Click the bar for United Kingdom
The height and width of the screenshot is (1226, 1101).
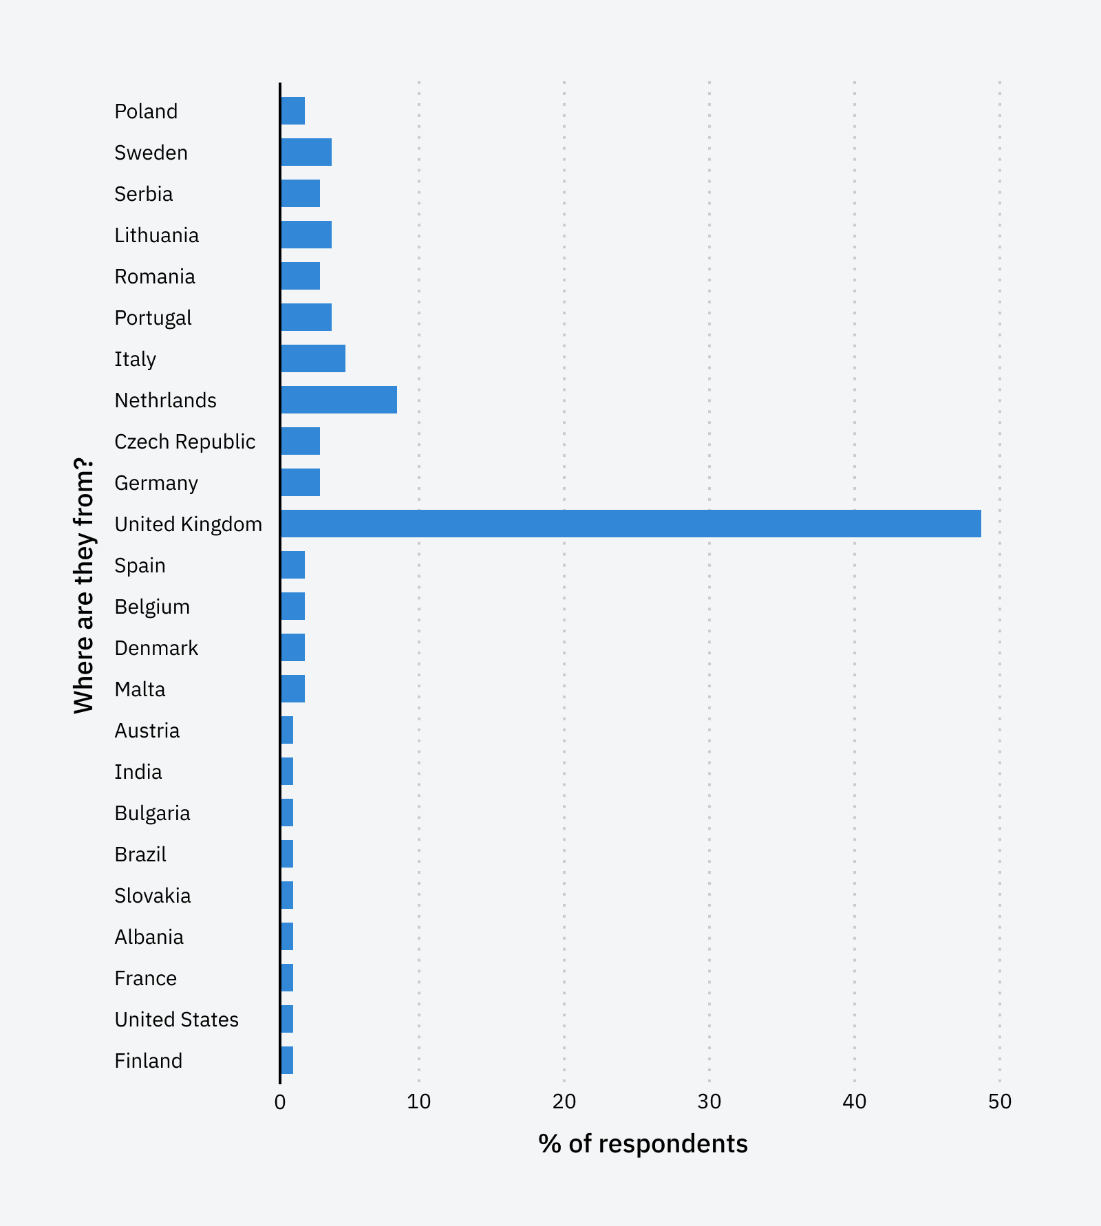630,524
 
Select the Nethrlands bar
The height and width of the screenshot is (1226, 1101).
339,400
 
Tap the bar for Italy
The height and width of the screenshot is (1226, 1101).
313,358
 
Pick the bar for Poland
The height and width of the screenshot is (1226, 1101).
293,111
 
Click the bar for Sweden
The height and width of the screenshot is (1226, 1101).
306,152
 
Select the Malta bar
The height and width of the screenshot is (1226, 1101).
293,689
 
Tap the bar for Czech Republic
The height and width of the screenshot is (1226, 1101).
301,441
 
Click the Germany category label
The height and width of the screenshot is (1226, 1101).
156,483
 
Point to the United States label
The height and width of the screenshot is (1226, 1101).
176,1020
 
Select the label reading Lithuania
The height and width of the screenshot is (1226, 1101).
156,235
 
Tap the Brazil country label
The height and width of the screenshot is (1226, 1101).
140,854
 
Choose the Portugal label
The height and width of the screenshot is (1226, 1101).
153,318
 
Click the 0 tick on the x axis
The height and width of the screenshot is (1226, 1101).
280,1102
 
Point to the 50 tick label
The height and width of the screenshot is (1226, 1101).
1000,1102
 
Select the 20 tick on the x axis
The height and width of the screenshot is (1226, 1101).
564,1102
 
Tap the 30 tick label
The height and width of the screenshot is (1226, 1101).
709,1102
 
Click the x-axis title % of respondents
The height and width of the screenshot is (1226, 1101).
643,1144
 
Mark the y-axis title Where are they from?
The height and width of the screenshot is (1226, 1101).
83,585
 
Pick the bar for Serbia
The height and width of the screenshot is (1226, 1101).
301,193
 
